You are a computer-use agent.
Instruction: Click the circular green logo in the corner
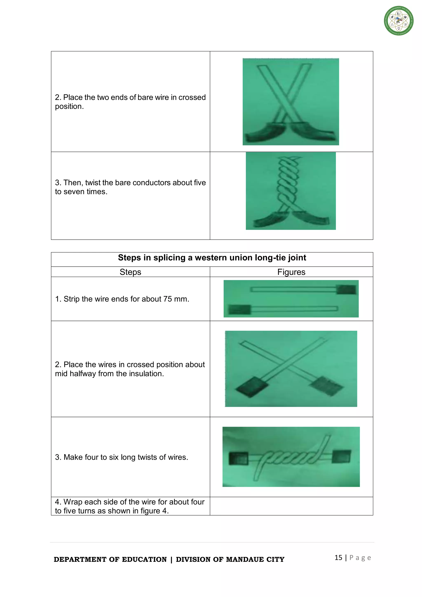click(x=399, y=21)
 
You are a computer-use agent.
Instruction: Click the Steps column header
click(x=130, y=272)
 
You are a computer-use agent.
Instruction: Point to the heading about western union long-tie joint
click(x=212, y=258)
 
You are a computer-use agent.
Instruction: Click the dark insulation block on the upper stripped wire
click(x=346, y=289)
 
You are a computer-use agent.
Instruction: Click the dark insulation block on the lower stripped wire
click(x=239, y=309)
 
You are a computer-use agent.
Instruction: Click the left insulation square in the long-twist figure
click(x=238, y=458)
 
